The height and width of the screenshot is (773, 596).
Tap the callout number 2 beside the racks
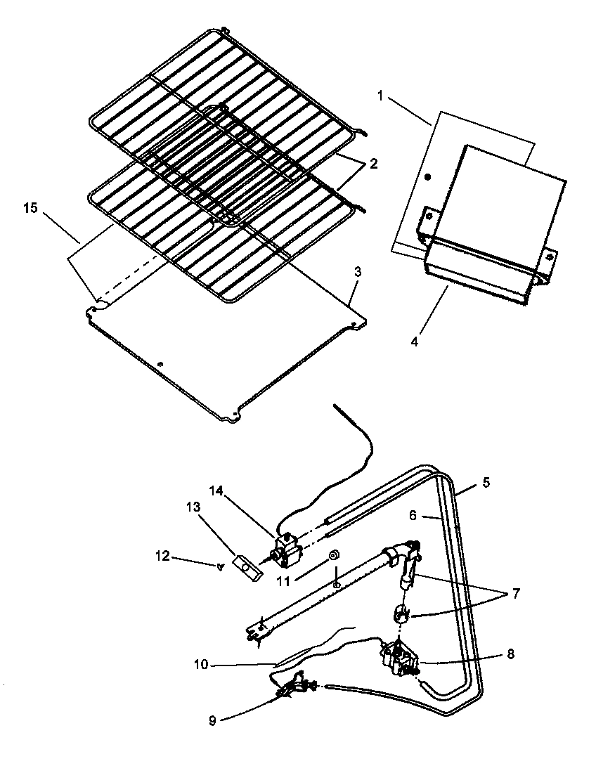[x=374, y=164]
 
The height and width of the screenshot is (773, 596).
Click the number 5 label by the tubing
[x=486, y=483]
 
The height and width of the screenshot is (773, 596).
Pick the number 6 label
[x=413, y=515]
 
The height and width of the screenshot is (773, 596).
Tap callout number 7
[x=517, y=594]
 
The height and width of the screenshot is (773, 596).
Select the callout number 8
[x=510, y=654]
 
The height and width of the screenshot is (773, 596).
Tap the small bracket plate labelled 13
[x=249, y=566]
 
